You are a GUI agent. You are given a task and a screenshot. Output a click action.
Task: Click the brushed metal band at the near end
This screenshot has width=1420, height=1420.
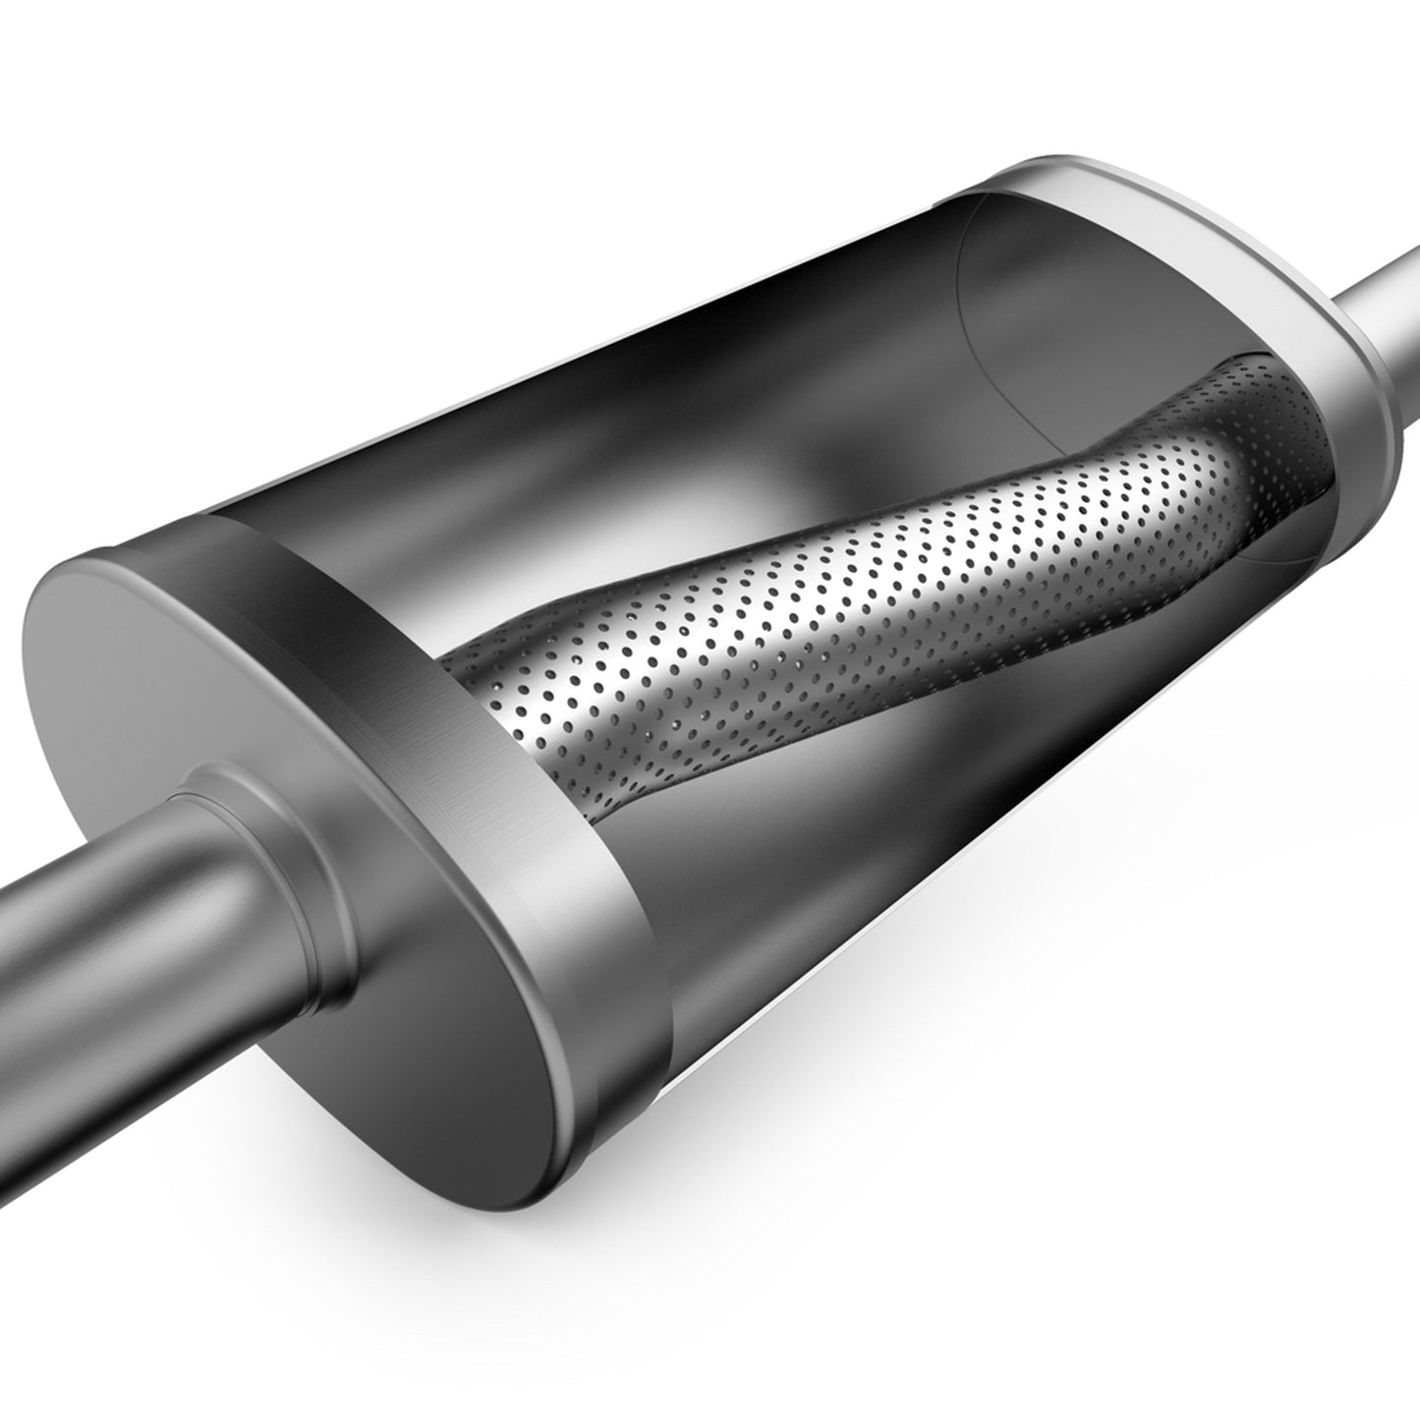(x=511, y=767)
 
